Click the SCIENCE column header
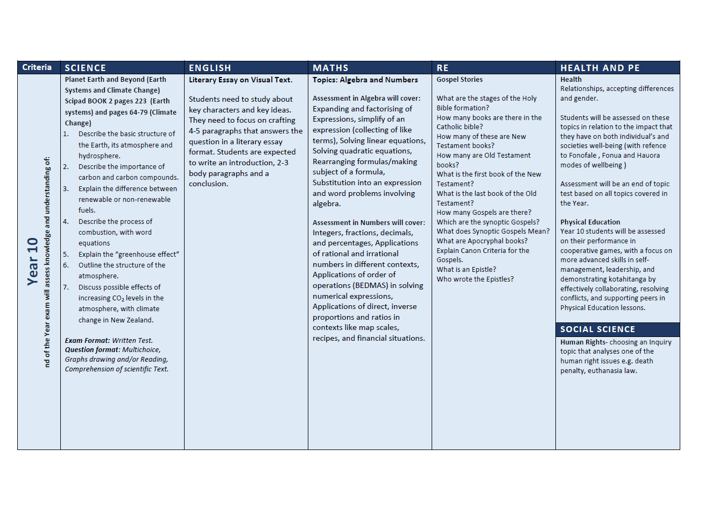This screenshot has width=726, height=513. coord(85,68)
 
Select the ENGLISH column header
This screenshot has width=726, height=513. coord(209,68)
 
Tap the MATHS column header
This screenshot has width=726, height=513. coord(330,68)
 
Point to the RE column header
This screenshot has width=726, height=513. coord(442,68)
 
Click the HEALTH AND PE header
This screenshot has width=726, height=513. coord(600,68)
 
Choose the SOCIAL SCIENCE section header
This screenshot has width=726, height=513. coord(597,329)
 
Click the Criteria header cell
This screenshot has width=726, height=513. coord(37,67)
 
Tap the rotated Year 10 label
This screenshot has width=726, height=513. coord(33,262)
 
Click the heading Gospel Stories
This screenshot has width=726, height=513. coord(459,80)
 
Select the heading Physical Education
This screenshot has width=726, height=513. coord(590,222)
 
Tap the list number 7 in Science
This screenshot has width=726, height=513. coord(66,287)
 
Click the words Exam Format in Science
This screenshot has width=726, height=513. coord(87,341)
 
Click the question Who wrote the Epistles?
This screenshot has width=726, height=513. coord(475,279)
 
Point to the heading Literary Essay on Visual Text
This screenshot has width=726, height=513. coord(240,80)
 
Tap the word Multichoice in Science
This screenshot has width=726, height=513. coord(141,350)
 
